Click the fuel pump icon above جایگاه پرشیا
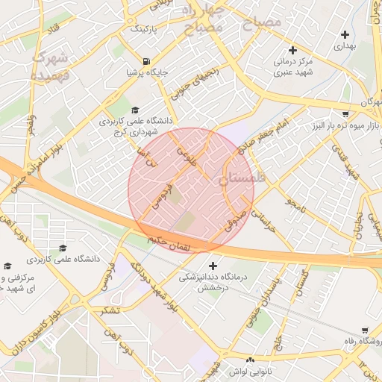coord(145,61)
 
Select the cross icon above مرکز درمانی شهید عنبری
coord(292,50)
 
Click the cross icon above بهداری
coord(345,34)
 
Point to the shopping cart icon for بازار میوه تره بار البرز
coord(345,114)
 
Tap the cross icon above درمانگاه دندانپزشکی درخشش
coord(214,266)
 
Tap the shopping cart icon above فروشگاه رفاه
coord(365,331)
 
